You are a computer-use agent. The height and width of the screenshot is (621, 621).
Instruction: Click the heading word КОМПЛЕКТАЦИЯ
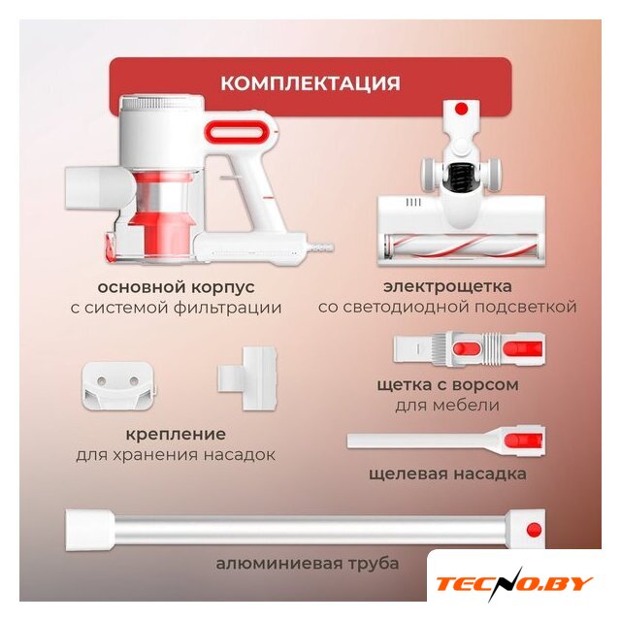(310, 83)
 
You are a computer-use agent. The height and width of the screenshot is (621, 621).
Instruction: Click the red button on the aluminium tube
(534, 530)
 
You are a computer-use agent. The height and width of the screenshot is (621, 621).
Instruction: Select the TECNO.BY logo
(513, 583)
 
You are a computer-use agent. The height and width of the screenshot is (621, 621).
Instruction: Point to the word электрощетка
(447, 286)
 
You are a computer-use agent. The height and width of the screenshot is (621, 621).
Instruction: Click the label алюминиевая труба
(307, 564)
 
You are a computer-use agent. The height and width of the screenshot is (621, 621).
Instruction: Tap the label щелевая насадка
(447, 474)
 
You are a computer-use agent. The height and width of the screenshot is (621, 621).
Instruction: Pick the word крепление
(176, 435)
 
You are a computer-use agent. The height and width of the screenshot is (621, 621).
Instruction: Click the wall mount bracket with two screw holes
(117, 386)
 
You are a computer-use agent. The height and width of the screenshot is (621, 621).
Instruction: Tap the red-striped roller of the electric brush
(462, 245)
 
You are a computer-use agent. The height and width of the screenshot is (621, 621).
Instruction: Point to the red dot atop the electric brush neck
(462, 109)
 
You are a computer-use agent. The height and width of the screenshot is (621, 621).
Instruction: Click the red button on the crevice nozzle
(519, 441)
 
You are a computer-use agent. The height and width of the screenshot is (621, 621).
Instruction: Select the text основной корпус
(176, 287)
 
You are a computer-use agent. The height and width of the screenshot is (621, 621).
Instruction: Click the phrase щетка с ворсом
(447, 385)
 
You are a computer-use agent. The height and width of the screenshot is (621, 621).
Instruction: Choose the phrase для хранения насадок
(176, 455)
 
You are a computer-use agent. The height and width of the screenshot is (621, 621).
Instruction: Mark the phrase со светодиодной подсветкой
(447, 308)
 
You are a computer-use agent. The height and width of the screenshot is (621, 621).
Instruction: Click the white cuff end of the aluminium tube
(90, 531)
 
